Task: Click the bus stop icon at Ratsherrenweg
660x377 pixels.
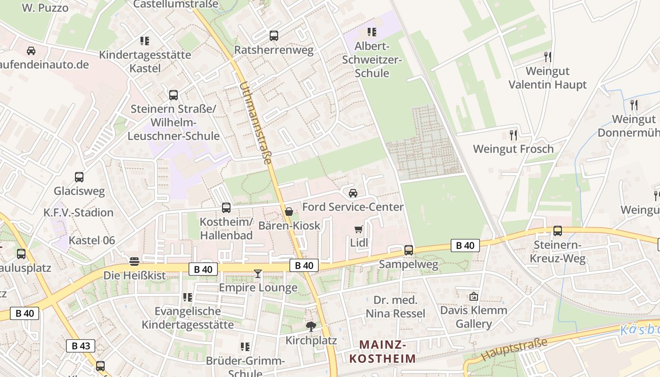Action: pos(273,36)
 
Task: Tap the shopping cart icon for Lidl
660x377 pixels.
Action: pos(359,229)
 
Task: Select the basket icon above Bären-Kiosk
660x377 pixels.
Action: pos(289,212)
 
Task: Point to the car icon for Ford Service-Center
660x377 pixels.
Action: pos(353,193)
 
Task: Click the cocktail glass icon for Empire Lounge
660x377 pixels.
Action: pos(257,273)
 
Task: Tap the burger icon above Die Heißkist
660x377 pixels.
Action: pos(134,261)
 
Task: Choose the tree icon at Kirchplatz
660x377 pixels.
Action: pos(311,326)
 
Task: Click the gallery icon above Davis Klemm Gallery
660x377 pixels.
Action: pos(473,296)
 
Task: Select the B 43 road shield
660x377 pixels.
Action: pos(81,346)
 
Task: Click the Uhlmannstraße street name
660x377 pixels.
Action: pos(256,123)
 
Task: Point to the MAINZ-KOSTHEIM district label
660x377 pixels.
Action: pos(383,352)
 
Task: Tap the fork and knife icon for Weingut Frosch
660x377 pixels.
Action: pos(513,135)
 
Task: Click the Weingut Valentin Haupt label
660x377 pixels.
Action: pos(547,78)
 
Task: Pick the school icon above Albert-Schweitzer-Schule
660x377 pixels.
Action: pos(372,32)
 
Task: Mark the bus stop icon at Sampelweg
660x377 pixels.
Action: pos(409,250)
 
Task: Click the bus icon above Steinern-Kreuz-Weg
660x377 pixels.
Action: pos(558,231)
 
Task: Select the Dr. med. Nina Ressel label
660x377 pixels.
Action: pos(396,307)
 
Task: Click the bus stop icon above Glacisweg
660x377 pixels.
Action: pos(79,177)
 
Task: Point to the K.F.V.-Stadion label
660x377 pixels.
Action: pos(79,213)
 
